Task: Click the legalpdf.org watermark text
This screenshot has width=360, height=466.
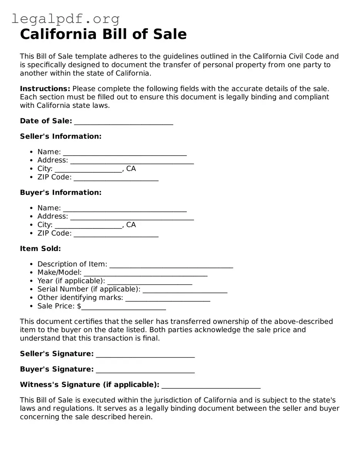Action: coord(65,18)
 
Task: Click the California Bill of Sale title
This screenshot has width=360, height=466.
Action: coord(103,34)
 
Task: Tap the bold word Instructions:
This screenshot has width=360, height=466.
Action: coord(45,89)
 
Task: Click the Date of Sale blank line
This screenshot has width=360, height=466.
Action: coord(123,122)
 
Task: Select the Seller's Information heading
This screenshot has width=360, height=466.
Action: coord(60,136)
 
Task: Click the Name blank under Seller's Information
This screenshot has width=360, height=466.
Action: coord(125,153)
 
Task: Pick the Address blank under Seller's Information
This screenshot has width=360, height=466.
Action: coord(132,161)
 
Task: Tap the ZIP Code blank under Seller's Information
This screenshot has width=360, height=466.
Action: coord(116,178)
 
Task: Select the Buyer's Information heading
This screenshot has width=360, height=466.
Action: coord(60,193)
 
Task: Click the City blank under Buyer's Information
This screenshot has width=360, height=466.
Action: coord(88,225)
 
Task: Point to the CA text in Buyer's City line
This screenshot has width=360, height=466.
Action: coord(131,225)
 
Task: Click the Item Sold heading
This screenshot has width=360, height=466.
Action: coord(40,249)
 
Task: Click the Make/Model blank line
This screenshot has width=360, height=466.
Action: coord(145,273)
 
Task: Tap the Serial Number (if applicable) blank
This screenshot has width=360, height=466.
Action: coord(185,290)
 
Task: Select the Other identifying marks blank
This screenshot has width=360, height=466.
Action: coord(167,298)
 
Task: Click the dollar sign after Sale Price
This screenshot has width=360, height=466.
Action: coord(79,306)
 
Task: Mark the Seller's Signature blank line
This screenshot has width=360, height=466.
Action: coord(145,355)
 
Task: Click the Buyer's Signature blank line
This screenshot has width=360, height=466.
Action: coord(145,370)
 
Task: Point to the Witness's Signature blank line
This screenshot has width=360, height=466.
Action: coord(211,386)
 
